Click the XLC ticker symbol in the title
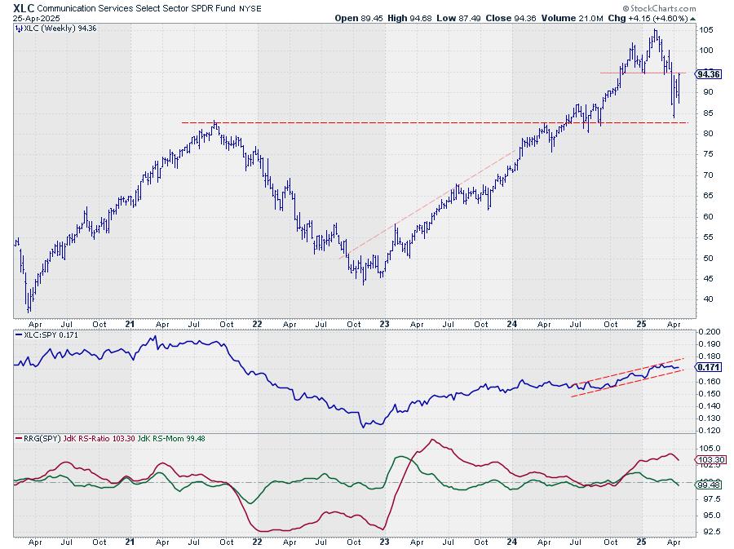click(x=24, y=7)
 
